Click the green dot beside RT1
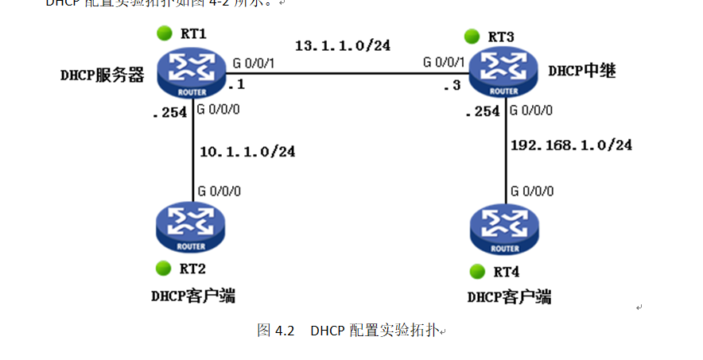[x=164, y=33]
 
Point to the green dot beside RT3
[x=472, y=36]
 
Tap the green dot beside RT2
[x=164, y=268]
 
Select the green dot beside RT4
[x=478, y=271]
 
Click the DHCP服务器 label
[x=102, y=75]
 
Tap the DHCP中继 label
[x=583, y=70]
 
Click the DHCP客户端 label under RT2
[x=192, y=296]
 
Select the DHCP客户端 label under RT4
[x=509, y=298]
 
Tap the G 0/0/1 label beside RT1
[x=254, y=63]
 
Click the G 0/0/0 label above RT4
[x=532, y=191]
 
